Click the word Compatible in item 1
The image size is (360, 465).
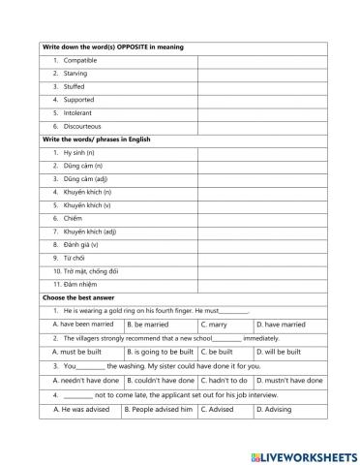click(x=78, y=61)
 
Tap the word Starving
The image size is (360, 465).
click(x=75, y=74)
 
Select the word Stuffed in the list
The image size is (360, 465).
click(x=75, y=87)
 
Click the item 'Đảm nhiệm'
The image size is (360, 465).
click(x=75, y=284)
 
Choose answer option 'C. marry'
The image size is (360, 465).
click(x=214, y=325)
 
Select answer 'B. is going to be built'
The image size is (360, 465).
click(x=160, y=353)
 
